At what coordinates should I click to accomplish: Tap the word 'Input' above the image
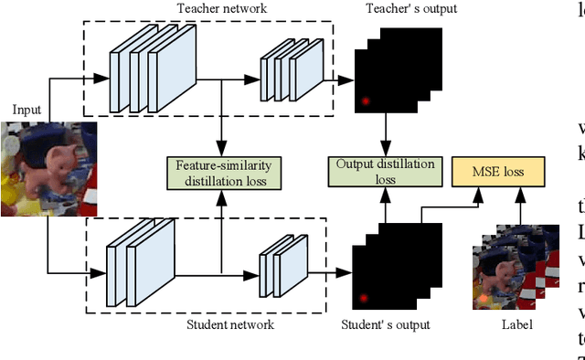tap(27, 110)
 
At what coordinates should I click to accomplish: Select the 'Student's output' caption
tap(385, 323)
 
